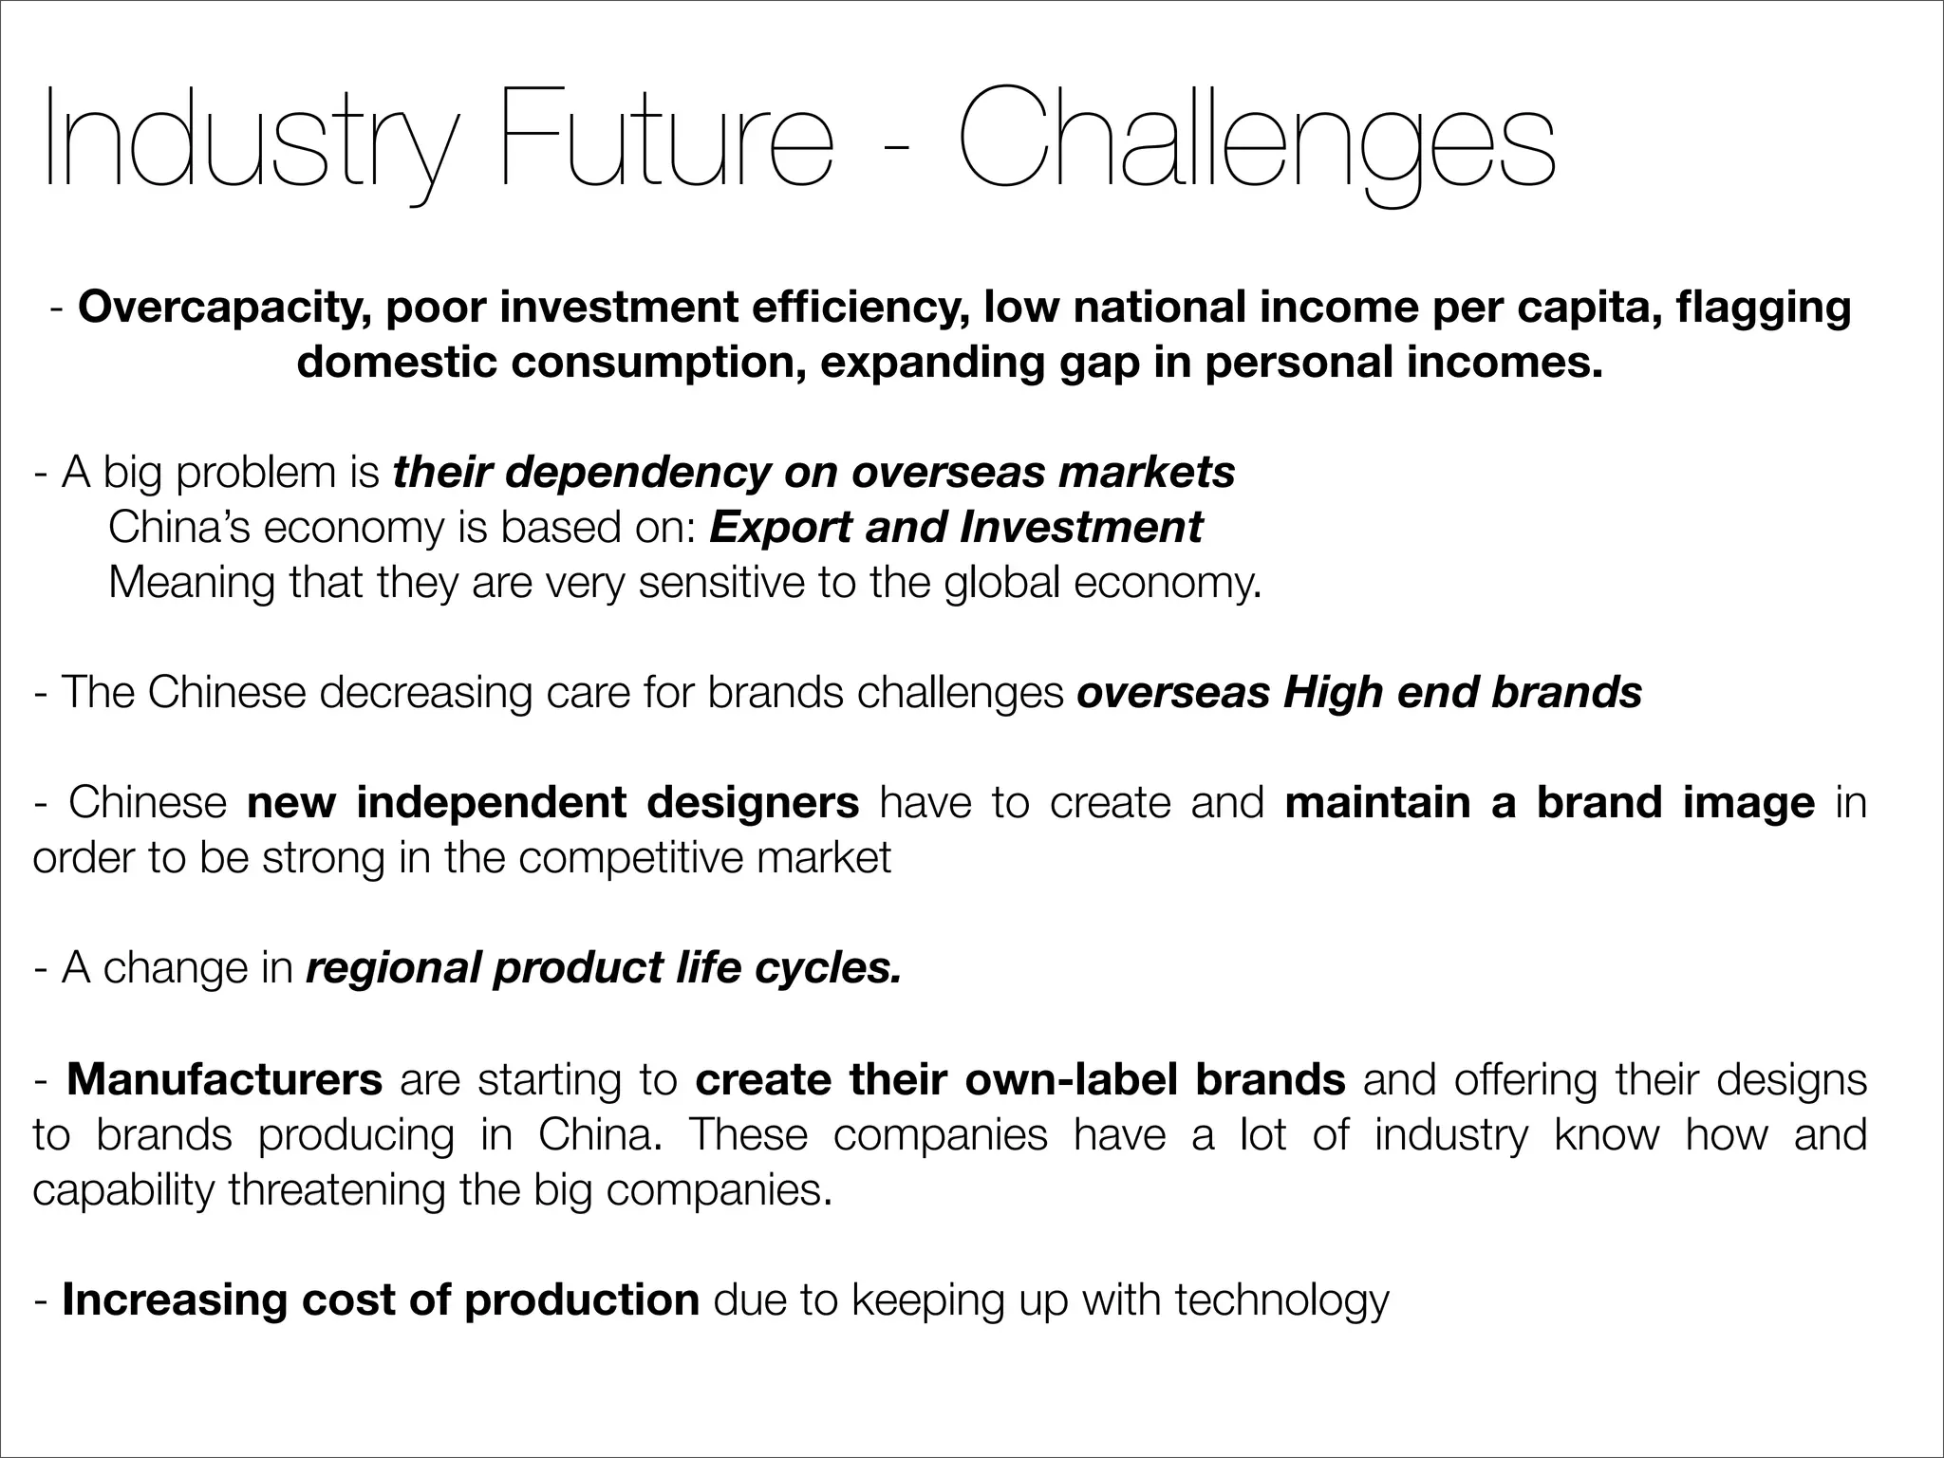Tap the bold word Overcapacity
coord(224,308)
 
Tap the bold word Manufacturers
coord(224,1079)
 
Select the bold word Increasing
coord(175,1299)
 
